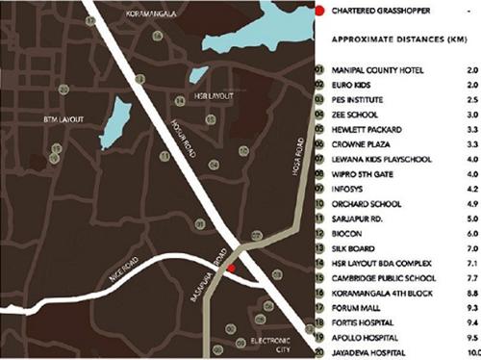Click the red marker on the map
(231, 269)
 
